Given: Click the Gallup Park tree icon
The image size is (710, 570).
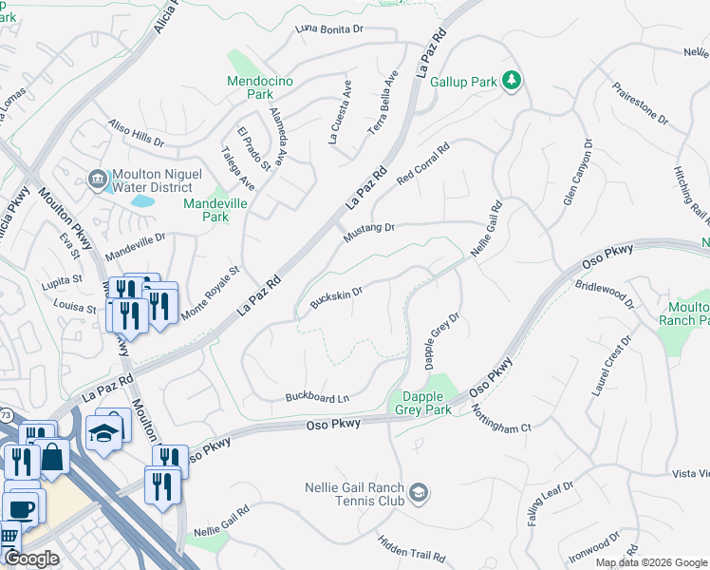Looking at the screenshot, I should tap(512, 81).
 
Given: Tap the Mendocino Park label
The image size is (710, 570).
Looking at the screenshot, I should tap(251, 87).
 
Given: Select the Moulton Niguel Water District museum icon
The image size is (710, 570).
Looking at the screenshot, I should tap(97, 180).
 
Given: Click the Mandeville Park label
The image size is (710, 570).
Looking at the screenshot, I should tap(206, 210).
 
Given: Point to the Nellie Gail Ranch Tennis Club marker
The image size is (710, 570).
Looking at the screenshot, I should tap(420, 493).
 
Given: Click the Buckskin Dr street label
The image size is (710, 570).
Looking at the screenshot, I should tap(336, 297).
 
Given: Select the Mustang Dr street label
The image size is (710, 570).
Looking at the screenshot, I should tap(368, 228).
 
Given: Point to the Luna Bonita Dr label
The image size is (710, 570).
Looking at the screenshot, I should tap(330, 29).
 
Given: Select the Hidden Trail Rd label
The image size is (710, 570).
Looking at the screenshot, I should tap(411, 546).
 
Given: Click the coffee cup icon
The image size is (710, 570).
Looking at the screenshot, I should tap(21, 507).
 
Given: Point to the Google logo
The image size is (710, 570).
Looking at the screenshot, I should tap(30, 559).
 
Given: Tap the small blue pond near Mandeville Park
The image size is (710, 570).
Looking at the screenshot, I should tap(141, 200).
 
